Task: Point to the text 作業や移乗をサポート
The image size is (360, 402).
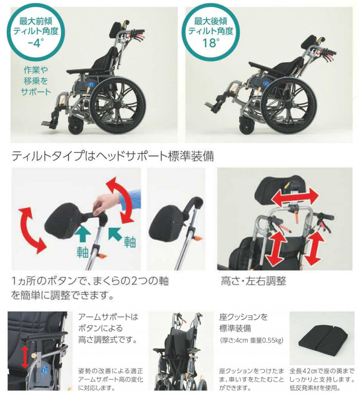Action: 35,80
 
